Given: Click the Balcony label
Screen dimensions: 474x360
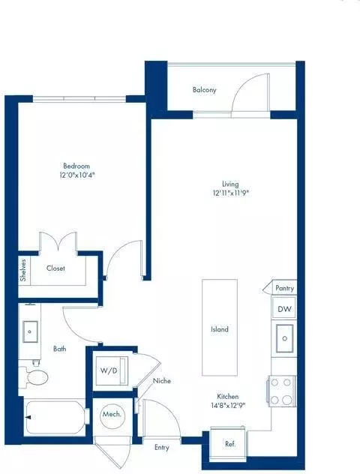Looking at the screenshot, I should [x=204, y=90].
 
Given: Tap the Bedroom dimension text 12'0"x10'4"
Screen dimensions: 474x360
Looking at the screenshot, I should [x=76, y=175].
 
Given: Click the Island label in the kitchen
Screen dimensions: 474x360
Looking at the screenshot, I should [x=219, y=329].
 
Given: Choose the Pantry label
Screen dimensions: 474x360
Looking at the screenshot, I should [x=285, y=288].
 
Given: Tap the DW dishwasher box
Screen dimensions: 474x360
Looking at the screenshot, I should [x=284, y=309].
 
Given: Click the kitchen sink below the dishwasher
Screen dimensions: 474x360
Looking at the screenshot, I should [x=284, y=338].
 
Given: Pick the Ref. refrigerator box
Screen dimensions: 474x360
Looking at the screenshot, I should [x=230, y=444].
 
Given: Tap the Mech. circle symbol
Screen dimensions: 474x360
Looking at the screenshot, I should [x=112, y=415].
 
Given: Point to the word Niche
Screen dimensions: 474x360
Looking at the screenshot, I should [x=162, y=381].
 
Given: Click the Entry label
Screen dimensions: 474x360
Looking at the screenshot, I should [x=162, y=448].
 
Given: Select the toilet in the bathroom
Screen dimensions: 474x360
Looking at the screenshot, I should [x=36, y=376].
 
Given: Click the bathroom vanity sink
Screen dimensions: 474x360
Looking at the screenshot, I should [x=31, y=330].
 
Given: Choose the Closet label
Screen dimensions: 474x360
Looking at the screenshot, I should [x=55, y=268].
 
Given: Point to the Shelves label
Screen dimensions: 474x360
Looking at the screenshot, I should [x=24, y=268].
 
